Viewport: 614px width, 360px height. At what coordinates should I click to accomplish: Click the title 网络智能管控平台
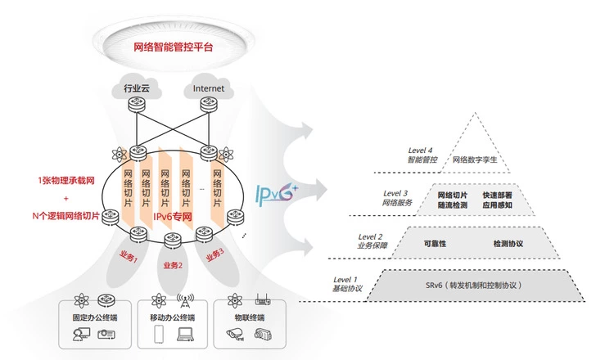coord(173,47)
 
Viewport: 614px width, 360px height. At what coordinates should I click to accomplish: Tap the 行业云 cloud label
coord(138,88)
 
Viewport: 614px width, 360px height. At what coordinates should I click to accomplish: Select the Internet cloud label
coord(207,88)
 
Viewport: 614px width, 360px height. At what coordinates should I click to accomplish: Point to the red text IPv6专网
coord(173,217)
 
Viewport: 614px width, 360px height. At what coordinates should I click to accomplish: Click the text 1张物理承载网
coord(65,179)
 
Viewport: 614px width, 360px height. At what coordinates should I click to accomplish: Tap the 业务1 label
coord(129,258)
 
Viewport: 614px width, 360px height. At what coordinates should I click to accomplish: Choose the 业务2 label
coord(174,264)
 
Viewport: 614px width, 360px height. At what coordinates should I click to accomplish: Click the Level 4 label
coord(422,151)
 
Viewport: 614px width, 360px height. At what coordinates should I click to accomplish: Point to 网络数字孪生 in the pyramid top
coord(476,161)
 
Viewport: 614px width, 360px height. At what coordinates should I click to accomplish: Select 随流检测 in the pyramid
coord(453,206)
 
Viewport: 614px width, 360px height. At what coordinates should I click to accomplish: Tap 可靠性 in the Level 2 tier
coord(434,244)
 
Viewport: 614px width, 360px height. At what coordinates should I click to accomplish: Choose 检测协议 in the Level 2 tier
coord(508,244)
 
